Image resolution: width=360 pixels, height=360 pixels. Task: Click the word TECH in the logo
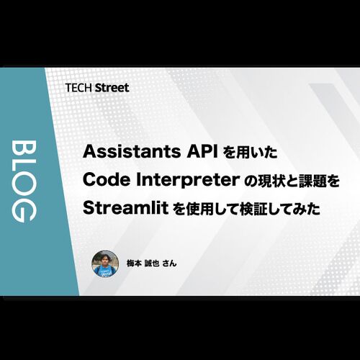coord(78,88)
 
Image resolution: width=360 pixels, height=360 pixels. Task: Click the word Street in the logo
coord(112,88)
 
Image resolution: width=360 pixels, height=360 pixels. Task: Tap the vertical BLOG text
coord(24,181)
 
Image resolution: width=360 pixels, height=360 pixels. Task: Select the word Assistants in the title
coord(132,152)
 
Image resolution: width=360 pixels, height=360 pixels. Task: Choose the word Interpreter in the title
coord(188,181)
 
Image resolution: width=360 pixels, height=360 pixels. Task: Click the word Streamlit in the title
coord(125,208)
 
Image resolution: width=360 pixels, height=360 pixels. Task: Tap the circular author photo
coord(105,264)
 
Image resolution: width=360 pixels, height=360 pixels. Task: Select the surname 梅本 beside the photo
coord(134,264)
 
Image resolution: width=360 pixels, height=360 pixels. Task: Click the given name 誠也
coord(152,264)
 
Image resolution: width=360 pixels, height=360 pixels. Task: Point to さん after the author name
coord(169,264)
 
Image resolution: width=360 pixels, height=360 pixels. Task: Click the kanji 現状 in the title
coord(271,181)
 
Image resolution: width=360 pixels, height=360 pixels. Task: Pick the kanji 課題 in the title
coord(312,181)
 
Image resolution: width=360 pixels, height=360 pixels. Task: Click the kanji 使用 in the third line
coord(197,209)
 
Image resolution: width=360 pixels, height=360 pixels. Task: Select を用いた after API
coord(251,153)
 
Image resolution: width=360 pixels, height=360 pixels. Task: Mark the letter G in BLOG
coord(24,212)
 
